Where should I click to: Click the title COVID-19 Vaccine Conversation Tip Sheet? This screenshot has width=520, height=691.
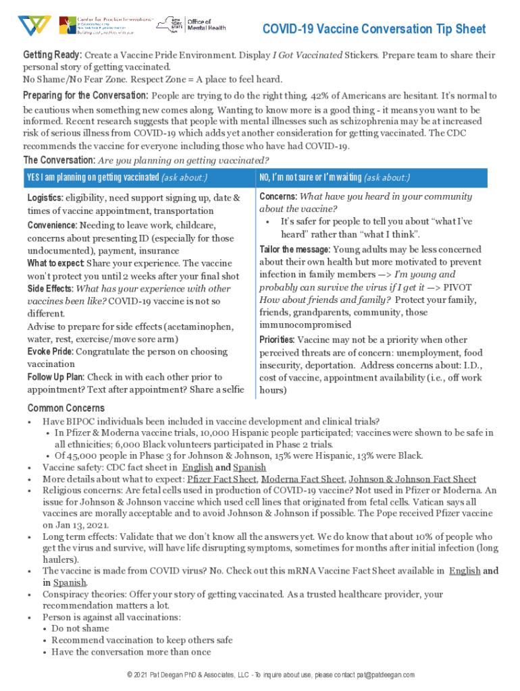373,29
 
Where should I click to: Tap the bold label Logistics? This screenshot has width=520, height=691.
45,198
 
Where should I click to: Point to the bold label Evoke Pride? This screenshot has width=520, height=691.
51,352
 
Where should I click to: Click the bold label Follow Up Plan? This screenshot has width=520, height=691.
56,377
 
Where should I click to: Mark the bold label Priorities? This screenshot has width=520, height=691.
277,339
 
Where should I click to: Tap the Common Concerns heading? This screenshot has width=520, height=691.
66,408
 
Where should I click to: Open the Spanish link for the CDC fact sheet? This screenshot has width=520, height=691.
249,467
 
